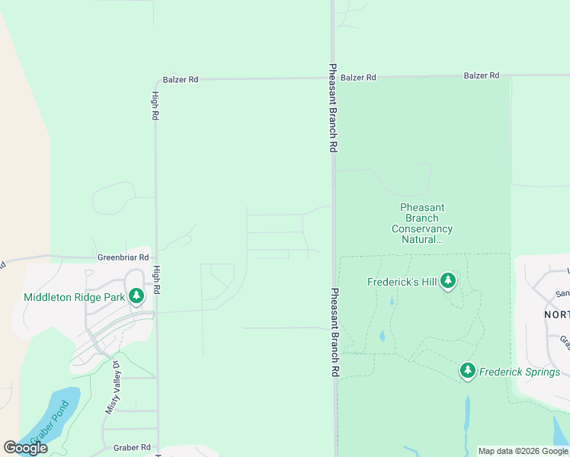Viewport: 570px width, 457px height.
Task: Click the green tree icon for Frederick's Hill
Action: point(448,282)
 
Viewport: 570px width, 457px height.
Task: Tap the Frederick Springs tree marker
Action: point(468,371)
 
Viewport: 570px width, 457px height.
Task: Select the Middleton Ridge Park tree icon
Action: point(136,296)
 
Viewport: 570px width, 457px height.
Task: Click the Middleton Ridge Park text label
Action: point(74,297)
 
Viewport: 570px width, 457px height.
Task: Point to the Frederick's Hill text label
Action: point(402,282)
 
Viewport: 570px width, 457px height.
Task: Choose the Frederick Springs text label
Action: point(520,372)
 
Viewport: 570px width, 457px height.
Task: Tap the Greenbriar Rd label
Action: point(123,258)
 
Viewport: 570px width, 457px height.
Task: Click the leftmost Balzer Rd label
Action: point(181,79)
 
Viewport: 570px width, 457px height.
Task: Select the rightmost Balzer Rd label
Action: point(482,75)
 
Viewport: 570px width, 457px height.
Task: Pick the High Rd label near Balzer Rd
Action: point(155,106)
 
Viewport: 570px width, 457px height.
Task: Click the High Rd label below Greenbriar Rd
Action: point(156,280)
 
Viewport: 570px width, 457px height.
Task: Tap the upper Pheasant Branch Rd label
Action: point(333,107)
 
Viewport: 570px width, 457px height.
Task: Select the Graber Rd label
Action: point(132,448)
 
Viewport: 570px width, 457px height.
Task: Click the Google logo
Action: point(25,448)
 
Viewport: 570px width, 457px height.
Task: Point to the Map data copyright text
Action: point(523,451)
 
